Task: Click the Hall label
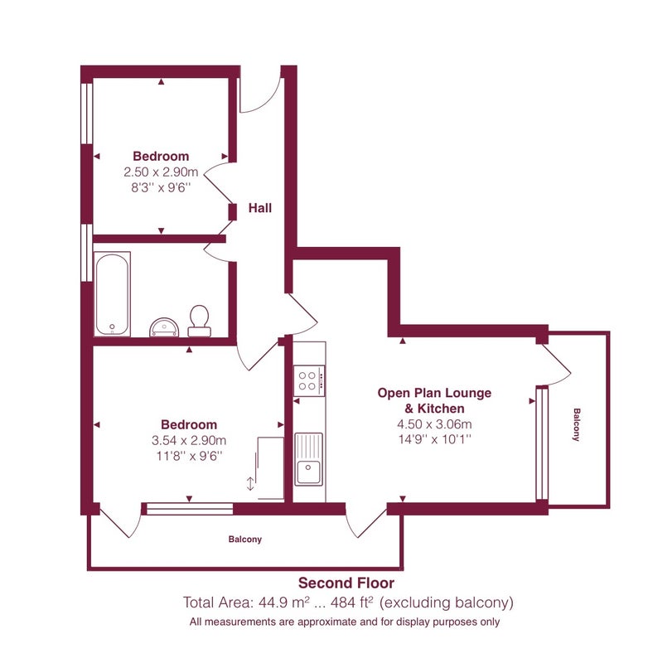[x=260, y=208]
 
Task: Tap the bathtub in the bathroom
[x=112, y=294]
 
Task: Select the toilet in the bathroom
[x=199, y=321]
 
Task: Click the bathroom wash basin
[x=164, y=327]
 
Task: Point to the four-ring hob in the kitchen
[x=309, y=380]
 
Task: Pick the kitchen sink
[x=308, y=459]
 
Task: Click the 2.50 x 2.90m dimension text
[x=161, y=172]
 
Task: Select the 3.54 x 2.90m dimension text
[x=189, y=441]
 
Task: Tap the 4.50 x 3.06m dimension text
[x=434, y=424]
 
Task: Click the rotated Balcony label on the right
[x=577, y=424]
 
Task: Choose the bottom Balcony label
[x=245, y=540]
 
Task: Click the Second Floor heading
[x=346, y=583]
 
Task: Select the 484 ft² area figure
[x=351, y=603]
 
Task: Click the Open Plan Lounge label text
[x=434, y=393]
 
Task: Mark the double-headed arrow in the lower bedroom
[x=250, y=484]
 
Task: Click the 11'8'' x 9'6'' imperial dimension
[x=189, y=457]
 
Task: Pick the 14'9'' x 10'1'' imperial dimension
[x=434, y=439]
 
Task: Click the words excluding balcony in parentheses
[x=447, y=603]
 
